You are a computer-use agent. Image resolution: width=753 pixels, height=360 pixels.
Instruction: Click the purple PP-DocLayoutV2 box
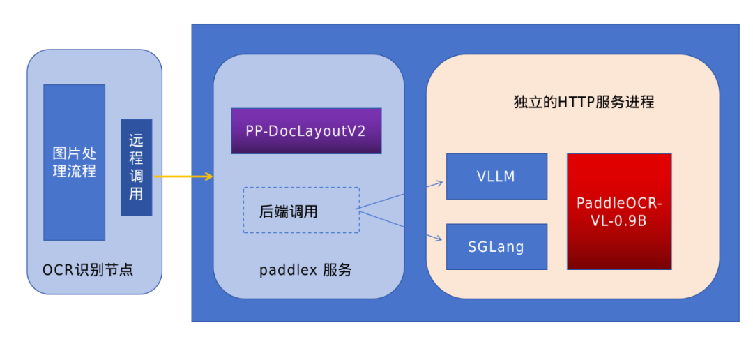[x=306, y=131]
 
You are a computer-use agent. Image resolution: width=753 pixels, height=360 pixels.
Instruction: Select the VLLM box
[x=496, y=177]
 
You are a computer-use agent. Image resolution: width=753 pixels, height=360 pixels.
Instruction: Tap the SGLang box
[x=496, y=246]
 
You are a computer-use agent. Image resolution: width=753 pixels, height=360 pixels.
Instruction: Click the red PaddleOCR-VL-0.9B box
[x=619, y=211]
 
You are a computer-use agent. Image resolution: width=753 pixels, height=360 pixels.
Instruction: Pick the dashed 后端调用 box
[x=301, y=210]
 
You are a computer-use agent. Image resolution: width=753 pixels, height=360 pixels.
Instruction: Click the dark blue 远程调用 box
[x=136, y=167]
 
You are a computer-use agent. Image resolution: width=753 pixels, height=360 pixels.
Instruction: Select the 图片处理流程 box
[x=74, y=162]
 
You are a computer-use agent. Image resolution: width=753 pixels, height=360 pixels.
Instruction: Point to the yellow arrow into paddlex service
[x=183, y=177]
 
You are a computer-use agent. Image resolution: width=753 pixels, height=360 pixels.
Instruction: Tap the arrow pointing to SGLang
[x=401, y=225]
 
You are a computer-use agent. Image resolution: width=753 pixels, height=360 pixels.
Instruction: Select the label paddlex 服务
[x=305, y=270]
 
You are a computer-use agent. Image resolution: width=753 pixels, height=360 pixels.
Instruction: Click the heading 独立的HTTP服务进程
[x=583, y=102]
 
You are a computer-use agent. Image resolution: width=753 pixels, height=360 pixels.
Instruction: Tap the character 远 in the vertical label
[x=136, y=140]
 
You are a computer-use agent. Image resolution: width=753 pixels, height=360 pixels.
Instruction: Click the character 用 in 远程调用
[x=136, y=195]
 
